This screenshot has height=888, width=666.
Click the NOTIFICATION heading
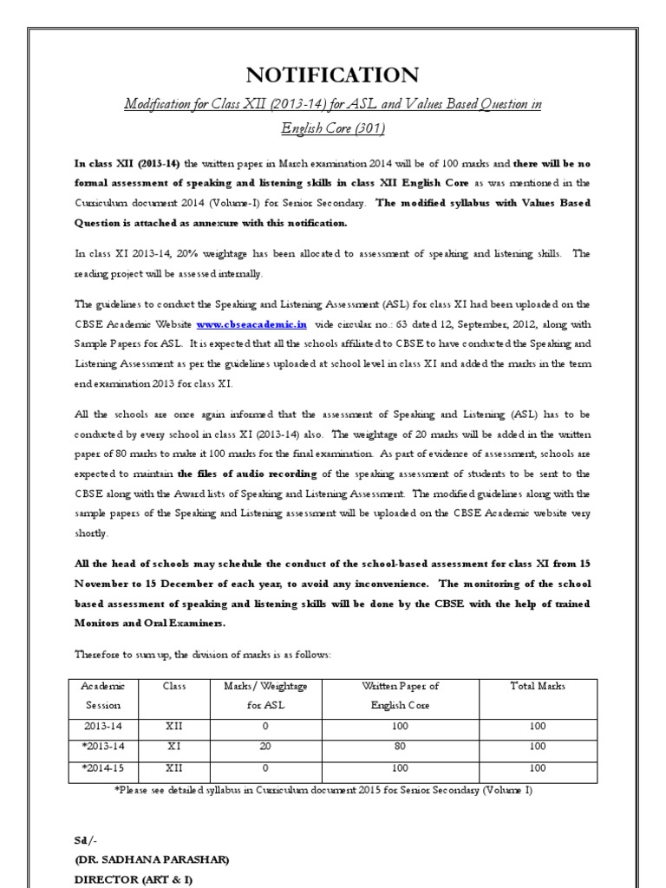[333, 75]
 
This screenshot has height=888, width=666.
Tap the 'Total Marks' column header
[538, 686]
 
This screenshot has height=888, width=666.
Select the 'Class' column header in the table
[174, 686]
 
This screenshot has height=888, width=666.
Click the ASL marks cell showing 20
[265, 746]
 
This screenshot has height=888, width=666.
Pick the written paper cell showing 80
[400, 746]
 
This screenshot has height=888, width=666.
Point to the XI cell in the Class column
[174, 746]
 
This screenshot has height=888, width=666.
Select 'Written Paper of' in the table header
[400, 686]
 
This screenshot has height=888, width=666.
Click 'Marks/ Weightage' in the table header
[265, 686]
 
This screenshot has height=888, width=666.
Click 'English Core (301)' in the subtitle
[333, 129]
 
